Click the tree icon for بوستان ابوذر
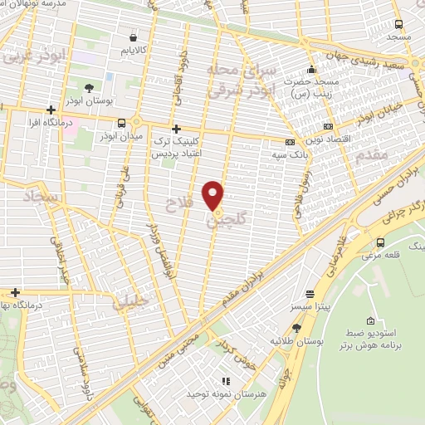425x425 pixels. coord(88,86)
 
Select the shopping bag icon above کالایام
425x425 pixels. coord(134,37)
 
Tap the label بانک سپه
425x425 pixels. coord(290,154)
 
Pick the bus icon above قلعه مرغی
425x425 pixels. coord(380,242)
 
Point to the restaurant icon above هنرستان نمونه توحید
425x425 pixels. coord(225,381)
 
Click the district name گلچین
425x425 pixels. coord(220,222)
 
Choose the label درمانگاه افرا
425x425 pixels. coord(61,123)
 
